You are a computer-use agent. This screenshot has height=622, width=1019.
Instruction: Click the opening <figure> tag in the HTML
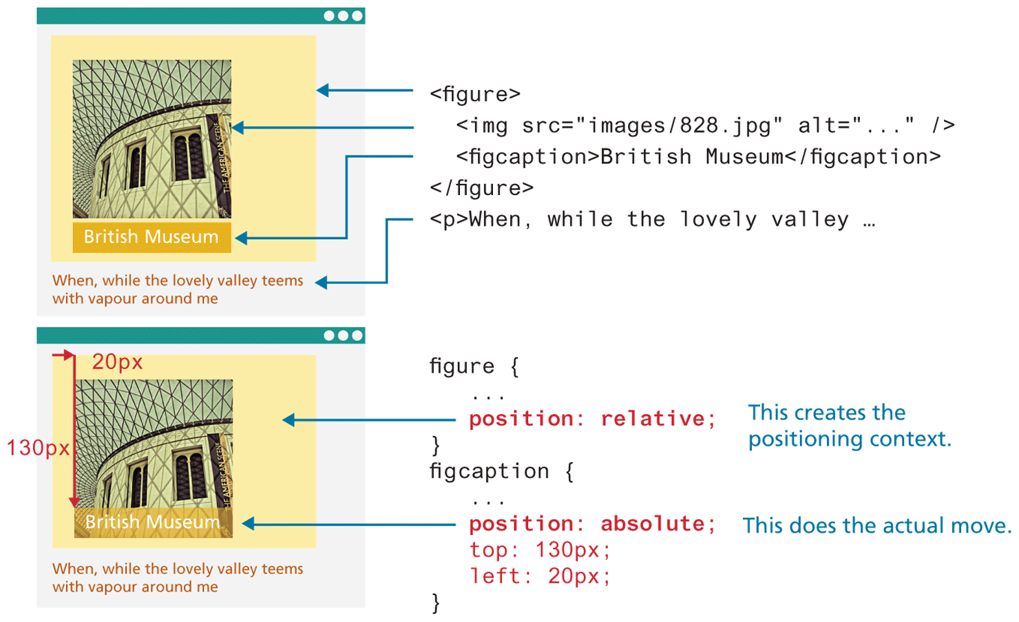tap(474, 94)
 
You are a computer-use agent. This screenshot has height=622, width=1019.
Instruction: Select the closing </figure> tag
tap(481, 187)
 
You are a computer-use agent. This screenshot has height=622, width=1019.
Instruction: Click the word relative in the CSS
tap(652, 419)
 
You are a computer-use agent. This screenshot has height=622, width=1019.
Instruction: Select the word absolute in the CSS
tap(652, 524)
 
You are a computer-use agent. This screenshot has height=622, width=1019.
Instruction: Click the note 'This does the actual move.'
tap(876, 526)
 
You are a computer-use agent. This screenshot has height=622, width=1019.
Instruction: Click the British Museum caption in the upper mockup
tap(151, 237)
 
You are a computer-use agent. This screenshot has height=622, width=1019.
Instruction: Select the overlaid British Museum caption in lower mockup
tap(152, 522)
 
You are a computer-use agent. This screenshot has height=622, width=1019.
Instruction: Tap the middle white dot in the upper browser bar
tap(343, 16)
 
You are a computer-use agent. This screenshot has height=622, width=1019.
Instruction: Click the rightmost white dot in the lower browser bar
tap(357, 335)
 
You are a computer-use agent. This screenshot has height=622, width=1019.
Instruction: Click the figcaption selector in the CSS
tap(489, 472)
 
